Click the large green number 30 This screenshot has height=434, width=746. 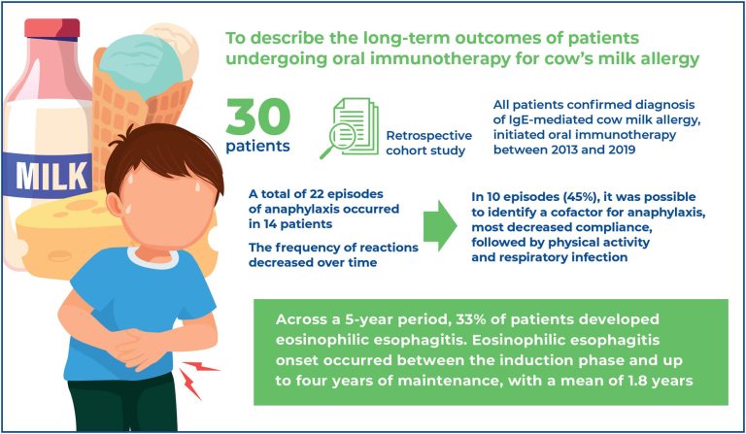click(x=257, y=117)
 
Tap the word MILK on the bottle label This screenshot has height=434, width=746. click(x=51, y=176)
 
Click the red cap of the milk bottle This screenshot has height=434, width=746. click(x=52, y=28)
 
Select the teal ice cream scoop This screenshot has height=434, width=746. click(x=141, y=66)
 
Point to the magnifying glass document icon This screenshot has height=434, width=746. click(x=351, y=127)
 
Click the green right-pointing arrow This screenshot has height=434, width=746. click(x=440, y=226)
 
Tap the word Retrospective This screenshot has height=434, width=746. click(x=428, y=136)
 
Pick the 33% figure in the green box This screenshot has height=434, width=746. click(x=470, y=319)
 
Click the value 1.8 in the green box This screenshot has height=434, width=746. click(x=637, y=381)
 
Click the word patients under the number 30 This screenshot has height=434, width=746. click(x=257, y=146)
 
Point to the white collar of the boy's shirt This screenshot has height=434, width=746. click(x=153, y=259)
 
